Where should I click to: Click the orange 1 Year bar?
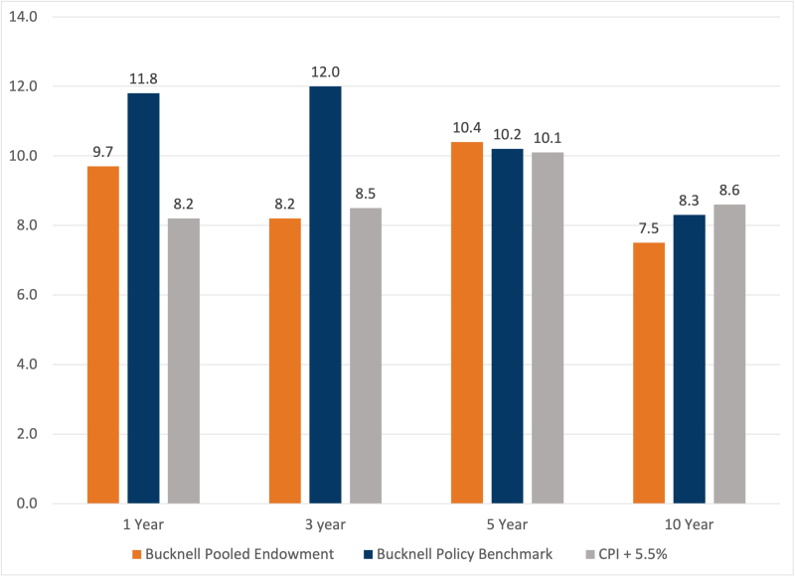click(103, 335)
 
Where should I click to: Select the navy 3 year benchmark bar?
click(325, 295)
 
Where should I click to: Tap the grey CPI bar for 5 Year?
click(548, 328)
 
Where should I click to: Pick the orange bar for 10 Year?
click(649, 372)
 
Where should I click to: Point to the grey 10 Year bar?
click(729, 354)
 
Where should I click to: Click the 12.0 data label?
click(325, 72)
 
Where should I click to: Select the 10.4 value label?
click(467, 127)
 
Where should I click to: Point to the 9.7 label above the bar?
click(103, 151)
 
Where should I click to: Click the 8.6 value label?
click(729, 190)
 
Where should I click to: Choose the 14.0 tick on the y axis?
click(24, 17)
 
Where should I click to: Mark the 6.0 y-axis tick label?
click(27, 295)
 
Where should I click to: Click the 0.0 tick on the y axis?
click(27, 504)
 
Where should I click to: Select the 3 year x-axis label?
click(325, 523)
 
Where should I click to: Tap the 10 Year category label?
click(689, 523)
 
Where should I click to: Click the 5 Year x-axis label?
click(507, 523)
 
